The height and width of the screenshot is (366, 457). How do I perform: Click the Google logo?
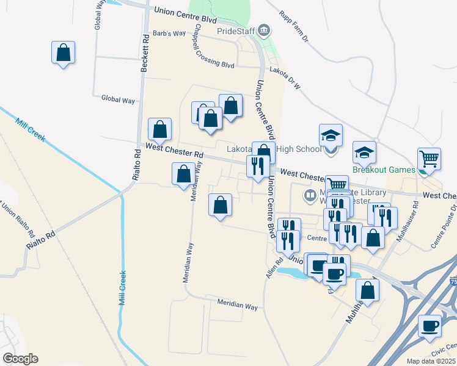click(20, 359)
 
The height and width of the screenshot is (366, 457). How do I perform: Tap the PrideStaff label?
click(235, 30)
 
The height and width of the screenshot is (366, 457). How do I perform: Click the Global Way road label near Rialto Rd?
click(118, 99)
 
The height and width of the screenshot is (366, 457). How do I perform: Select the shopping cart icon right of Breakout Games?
click(429, 159)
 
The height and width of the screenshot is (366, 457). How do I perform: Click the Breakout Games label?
click(384, 170)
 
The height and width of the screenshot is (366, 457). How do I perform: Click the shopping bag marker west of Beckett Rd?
click(63, 53)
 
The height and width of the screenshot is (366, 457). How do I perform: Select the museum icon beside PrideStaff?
click(264, 29)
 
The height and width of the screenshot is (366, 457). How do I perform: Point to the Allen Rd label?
click(274, 268)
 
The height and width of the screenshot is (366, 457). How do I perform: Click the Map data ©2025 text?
click(430, 361)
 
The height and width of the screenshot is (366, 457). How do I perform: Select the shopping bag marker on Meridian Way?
click(183, 175)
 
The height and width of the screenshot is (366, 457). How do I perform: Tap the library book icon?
click(310, 196)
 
